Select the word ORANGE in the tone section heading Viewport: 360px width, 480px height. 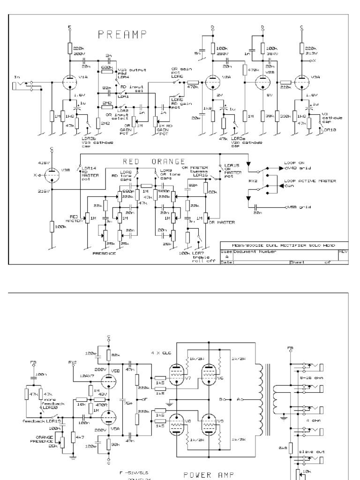click(x=166, y=161)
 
